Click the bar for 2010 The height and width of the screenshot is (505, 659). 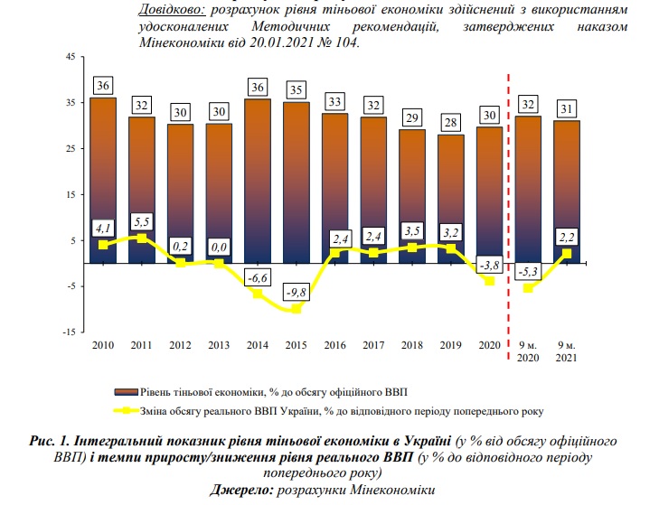103,181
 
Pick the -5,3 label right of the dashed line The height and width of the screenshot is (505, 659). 530,270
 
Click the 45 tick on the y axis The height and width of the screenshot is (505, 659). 70,58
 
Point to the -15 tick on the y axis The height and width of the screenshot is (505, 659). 68,332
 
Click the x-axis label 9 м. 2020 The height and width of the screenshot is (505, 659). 530,351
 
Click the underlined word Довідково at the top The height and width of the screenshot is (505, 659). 172,10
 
